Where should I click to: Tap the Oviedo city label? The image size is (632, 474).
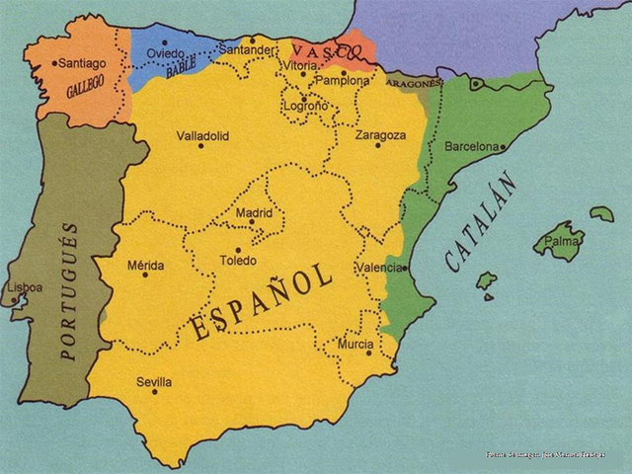coord(165,53)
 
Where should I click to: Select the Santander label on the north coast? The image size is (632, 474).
coord(246,49)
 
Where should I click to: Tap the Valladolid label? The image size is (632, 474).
coord(202,135)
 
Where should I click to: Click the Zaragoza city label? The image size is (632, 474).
coord(380,135)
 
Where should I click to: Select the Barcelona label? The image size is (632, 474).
coord(473,146)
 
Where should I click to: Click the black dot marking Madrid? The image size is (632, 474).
coord(252,222)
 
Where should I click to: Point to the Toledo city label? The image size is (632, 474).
coord(237,261)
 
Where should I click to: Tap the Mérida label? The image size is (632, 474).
coord(146,265)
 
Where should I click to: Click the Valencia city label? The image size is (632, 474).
coord(380,268)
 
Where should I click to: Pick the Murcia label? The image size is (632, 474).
coord(355,344)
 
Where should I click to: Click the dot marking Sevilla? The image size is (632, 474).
coord(155,392)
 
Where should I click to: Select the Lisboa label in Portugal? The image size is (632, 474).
coord(25,287)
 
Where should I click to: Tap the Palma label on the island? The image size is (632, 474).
coord(562,240)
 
